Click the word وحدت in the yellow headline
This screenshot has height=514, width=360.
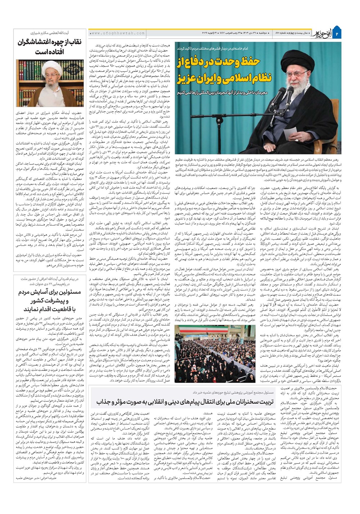tap(223, 62)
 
